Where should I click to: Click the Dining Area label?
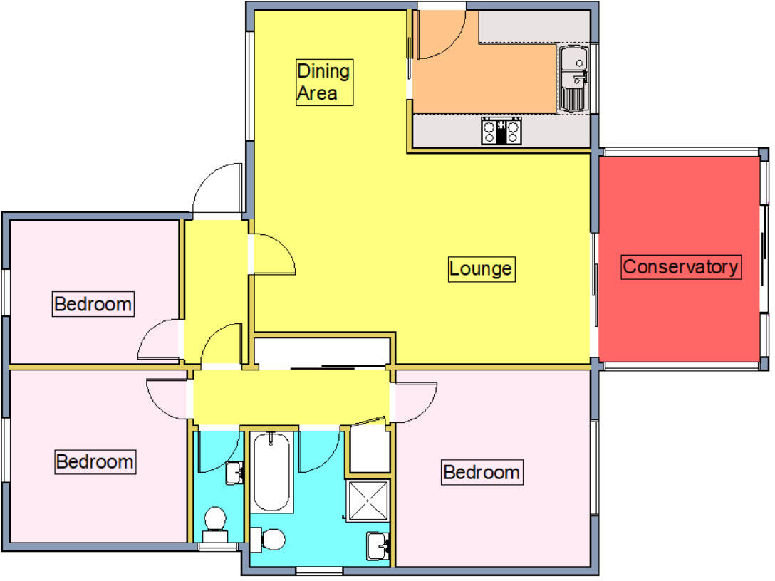click(x=324, y=82)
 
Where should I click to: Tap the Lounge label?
click(x=481, y=269)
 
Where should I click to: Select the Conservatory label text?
click(x=680, y=267)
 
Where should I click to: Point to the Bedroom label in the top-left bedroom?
click(x=93, y=305)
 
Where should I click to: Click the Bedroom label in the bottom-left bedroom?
click(x=95, y=461)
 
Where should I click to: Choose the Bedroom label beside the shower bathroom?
click(x=481, y=472)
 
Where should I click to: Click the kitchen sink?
click(x=573, y=78)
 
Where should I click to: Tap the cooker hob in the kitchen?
click(x=502, y=131)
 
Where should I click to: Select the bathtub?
click(x=271, y=471)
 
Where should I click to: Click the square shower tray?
click(x=368, y=502)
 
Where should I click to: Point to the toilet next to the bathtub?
click(x=269, y=540)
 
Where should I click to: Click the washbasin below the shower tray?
click(x=378, y=545)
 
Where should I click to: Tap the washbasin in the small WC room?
click(x=234, y=472)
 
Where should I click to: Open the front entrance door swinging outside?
click(x=217, y=189)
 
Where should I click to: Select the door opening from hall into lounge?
click(x=272, y=254)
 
